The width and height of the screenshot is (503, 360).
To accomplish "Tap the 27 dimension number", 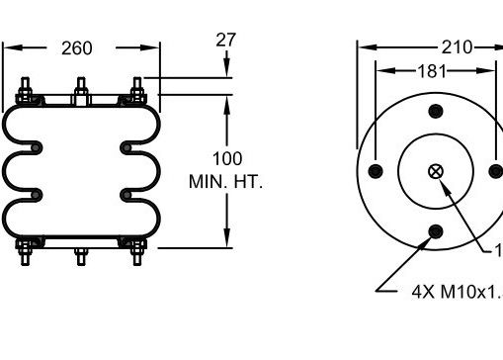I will [226, 41].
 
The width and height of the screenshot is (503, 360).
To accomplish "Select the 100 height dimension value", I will [227, 158].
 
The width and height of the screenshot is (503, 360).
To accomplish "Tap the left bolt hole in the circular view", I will [375, 171].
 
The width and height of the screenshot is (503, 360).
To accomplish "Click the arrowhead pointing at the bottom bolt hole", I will [425, 242].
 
